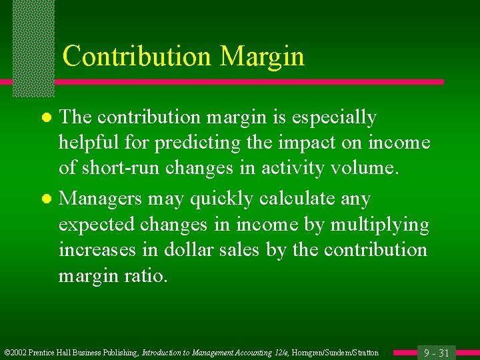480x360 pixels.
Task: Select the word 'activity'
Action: (x=289, y=167)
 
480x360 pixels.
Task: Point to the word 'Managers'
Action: (x=101, y=199)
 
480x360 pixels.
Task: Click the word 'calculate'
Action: (x=311, y=199)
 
